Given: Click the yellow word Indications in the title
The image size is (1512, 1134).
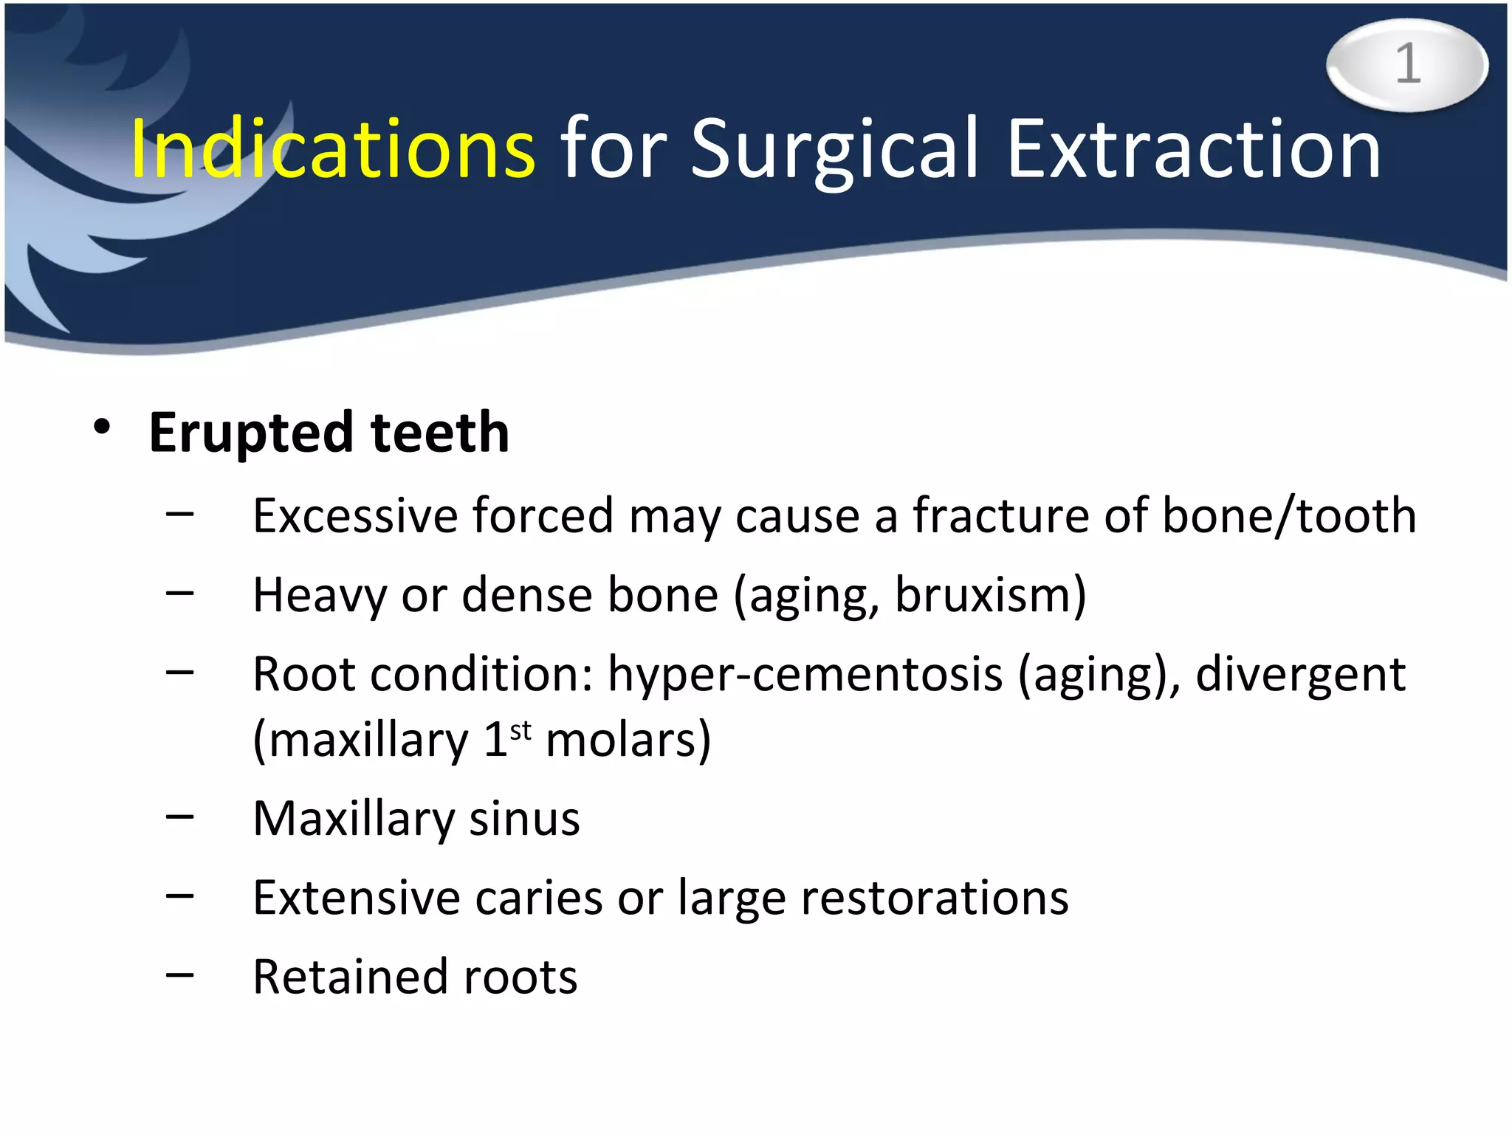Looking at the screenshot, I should [332, 150].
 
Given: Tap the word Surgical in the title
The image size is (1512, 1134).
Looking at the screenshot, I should [834, 150].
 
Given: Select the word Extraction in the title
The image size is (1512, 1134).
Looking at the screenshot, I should [1193, 150].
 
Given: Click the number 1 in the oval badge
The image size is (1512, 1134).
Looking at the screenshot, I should [1407, 64].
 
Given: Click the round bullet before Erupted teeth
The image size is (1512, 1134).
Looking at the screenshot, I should [102, 427].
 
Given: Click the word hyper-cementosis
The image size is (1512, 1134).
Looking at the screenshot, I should [805, 675].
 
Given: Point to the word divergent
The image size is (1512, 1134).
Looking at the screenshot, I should [1300, 675].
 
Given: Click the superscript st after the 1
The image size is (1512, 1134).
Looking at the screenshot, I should [520, 731].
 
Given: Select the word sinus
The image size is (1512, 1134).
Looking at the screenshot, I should [524, 819].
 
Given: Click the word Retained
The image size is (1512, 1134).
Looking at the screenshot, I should [349, 977].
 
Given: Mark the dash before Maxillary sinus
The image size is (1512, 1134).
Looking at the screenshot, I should [179, 817].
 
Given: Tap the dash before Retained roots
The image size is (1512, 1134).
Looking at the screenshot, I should [179, 975].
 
